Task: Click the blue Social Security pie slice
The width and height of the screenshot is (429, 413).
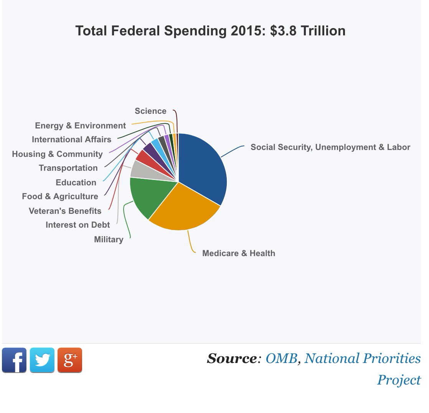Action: (x=203, y=165)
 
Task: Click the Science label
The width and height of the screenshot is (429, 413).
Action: (x=150, y=111)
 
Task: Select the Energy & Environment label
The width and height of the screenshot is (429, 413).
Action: (x=80, y=126)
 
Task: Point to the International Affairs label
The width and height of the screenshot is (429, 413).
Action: (x=71, y=140)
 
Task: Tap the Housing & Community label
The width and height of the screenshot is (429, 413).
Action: (x=57, y=154)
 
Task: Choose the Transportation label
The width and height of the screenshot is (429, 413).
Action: (x=68, y=168)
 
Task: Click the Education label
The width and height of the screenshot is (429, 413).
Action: (x=76, y=183)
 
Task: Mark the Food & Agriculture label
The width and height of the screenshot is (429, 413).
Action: (x=60, y=197)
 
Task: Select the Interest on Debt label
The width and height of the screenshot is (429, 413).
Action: (x=78, y=225)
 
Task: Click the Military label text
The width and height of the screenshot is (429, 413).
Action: (x=109, y=240)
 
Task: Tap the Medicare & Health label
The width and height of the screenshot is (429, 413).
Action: (x=238, y=253)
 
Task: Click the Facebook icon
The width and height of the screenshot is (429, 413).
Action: (x=14, y=360)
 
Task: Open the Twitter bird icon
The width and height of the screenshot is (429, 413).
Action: (x=42, y=360)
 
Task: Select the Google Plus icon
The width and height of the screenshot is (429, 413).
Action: (x=70, y=360)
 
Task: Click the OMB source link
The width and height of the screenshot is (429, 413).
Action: (x=281, y=358)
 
